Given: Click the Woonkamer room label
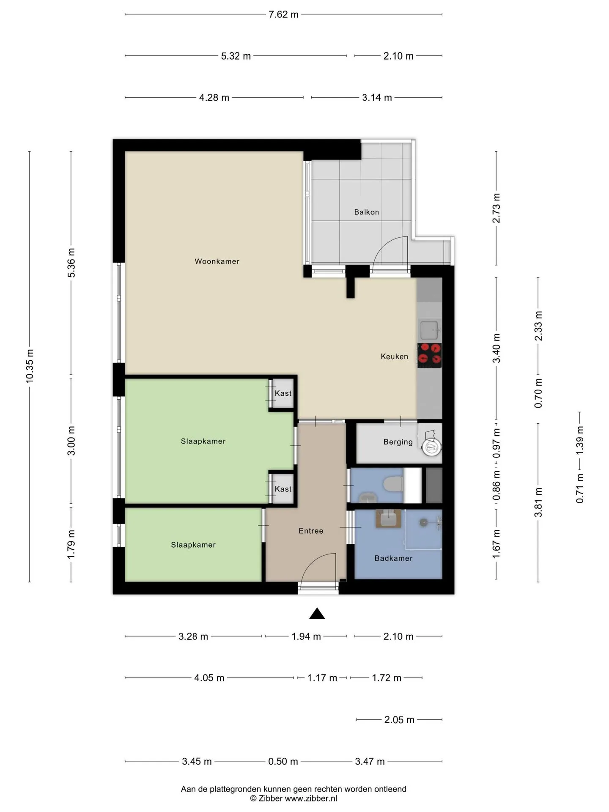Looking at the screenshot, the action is pos(217,261).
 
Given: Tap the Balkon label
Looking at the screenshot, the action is pos(367,212).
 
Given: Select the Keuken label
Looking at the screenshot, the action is pos(394,357).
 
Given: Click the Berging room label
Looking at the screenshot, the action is pos(398,442).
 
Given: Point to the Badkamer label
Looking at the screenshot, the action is pos(393,558).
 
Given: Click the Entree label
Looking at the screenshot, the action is pos(311,531).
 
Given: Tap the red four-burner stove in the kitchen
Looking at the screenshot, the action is pos(430,355).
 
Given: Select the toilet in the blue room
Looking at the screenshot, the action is pos(393,484).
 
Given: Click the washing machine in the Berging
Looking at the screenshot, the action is pos(431,446).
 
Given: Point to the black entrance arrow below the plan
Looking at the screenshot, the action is pos(317,614).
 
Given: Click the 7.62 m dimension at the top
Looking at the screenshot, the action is pos(283,14).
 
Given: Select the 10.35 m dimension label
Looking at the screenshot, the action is pos(30,366).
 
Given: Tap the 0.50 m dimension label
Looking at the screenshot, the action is pos(283,761).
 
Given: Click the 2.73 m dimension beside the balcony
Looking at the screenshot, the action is pos(497,208).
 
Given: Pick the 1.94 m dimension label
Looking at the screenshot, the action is pos(306,636).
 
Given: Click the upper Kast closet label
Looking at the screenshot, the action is pos(283,393).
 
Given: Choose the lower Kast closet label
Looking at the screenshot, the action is pos(283,489).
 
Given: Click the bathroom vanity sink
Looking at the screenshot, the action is pos(388,518).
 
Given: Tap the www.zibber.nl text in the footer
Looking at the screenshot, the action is pos(311,798).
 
